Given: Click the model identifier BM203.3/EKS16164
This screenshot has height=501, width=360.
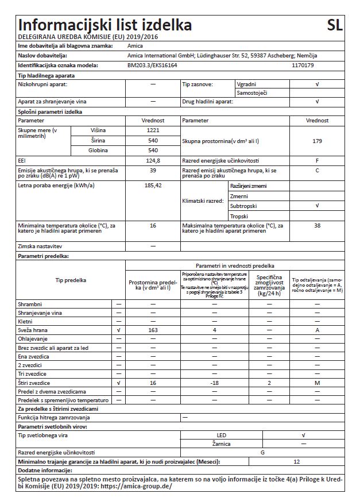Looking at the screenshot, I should click(152, 65).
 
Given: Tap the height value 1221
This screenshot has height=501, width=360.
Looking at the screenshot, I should click(153, 130).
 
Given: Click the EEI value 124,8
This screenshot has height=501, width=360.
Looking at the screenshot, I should click(153, 161).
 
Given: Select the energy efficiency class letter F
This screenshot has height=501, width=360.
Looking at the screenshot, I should click(317, 161).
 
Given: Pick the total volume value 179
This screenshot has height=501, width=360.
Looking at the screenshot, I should click(317, 141).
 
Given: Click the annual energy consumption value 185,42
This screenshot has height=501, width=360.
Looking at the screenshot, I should click(153, 186).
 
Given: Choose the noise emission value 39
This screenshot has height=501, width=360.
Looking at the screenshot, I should click(153, 171).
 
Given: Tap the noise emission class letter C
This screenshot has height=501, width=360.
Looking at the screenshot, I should click(317, 171).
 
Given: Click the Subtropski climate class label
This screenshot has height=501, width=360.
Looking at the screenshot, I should click(243, 206).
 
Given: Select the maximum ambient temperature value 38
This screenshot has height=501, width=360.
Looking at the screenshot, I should click(317, 226).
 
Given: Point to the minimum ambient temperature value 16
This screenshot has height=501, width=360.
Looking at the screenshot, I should click(153, 226).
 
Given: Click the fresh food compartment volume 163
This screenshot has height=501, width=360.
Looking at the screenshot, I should click(153, 330).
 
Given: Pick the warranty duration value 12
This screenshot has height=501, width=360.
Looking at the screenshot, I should click(296, 461).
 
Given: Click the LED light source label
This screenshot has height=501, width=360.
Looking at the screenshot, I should click(221, 436).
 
